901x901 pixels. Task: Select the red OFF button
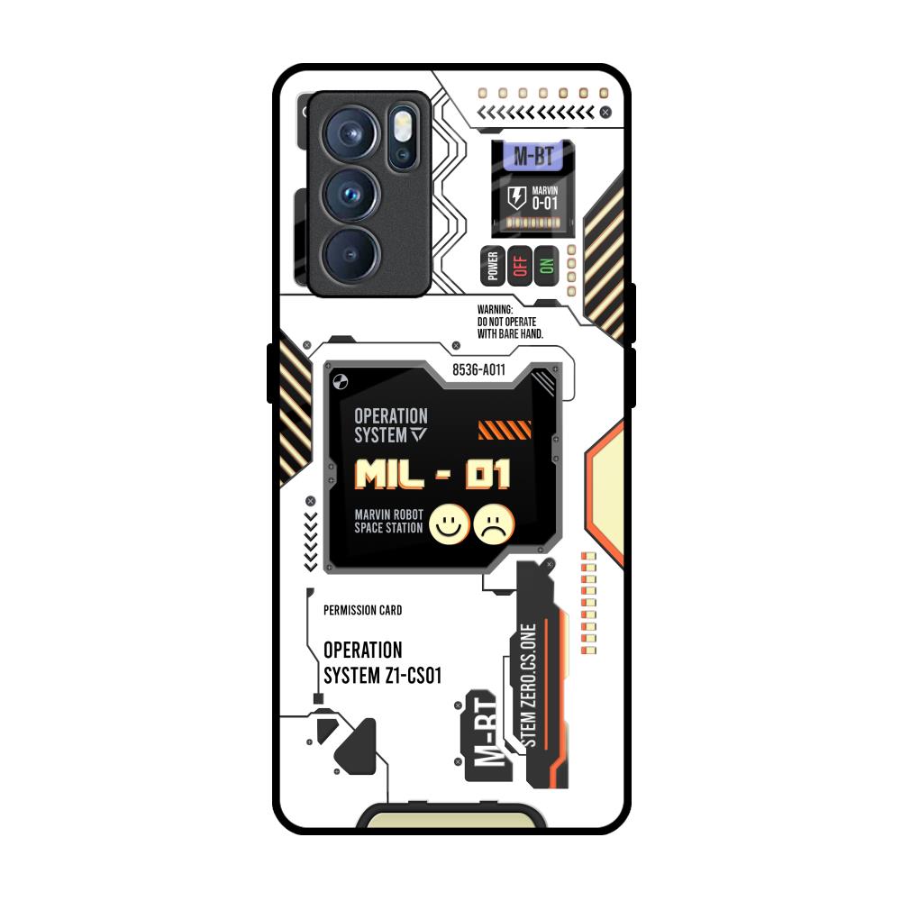[x=519, y=265]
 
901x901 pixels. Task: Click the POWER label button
[x=492, y=265]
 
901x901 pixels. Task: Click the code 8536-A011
[x=478, y=370]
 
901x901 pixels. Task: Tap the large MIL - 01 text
[x=432, y=474]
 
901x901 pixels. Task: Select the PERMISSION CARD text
[x=362, y=610]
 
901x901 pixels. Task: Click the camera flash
[x=402, y=123]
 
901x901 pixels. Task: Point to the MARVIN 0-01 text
[x=544, y=198]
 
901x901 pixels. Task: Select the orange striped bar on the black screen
[x=504, y=430]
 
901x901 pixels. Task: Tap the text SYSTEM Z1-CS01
[x=382, y=677]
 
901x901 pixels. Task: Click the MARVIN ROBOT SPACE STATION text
[x=388, y=521]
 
